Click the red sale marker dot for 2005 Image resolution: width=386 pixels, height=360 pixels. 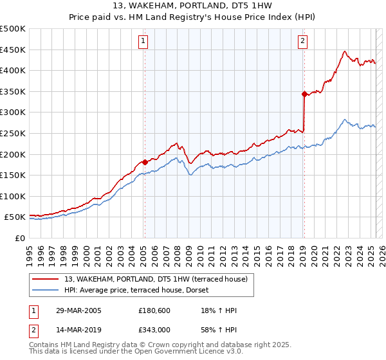coord(145,162)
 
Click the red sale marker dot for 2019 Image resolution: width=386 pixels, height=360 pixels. coord(304,94)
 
